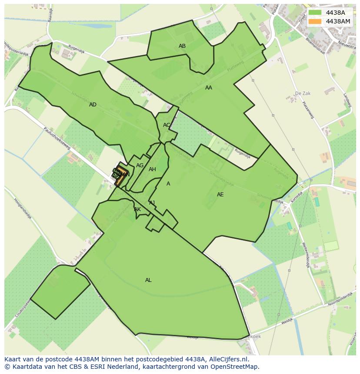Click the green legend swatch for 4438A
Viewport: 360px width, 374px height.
(x=316, y=13)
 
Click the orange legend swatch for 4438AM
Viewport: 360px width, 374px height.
(x=316, y=21)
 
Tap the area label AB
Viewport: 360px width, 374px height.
(x=182, y=46)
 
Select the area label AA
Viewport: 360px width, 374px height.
(x=209, y=88)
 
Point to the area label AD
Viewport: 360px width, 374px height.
(x=93, y=105)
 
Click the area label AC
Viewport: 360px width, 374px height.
(x=167, y=125)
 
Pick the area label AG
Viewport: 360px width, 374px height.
(x=140, y=165)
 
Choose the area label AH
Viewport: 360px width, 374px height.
(x=152, y=169)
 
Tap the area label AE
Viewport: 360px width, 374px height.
(x=220, y=195)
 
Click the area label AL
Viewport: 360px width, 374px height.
(x=148, y=280)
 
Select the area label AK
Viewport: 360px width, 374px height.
(x=137, y=209)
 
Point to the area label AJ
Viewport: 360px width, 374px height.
(x=152, y=203)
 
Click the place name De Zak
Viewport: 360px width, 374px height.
(x=303, y=93)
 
